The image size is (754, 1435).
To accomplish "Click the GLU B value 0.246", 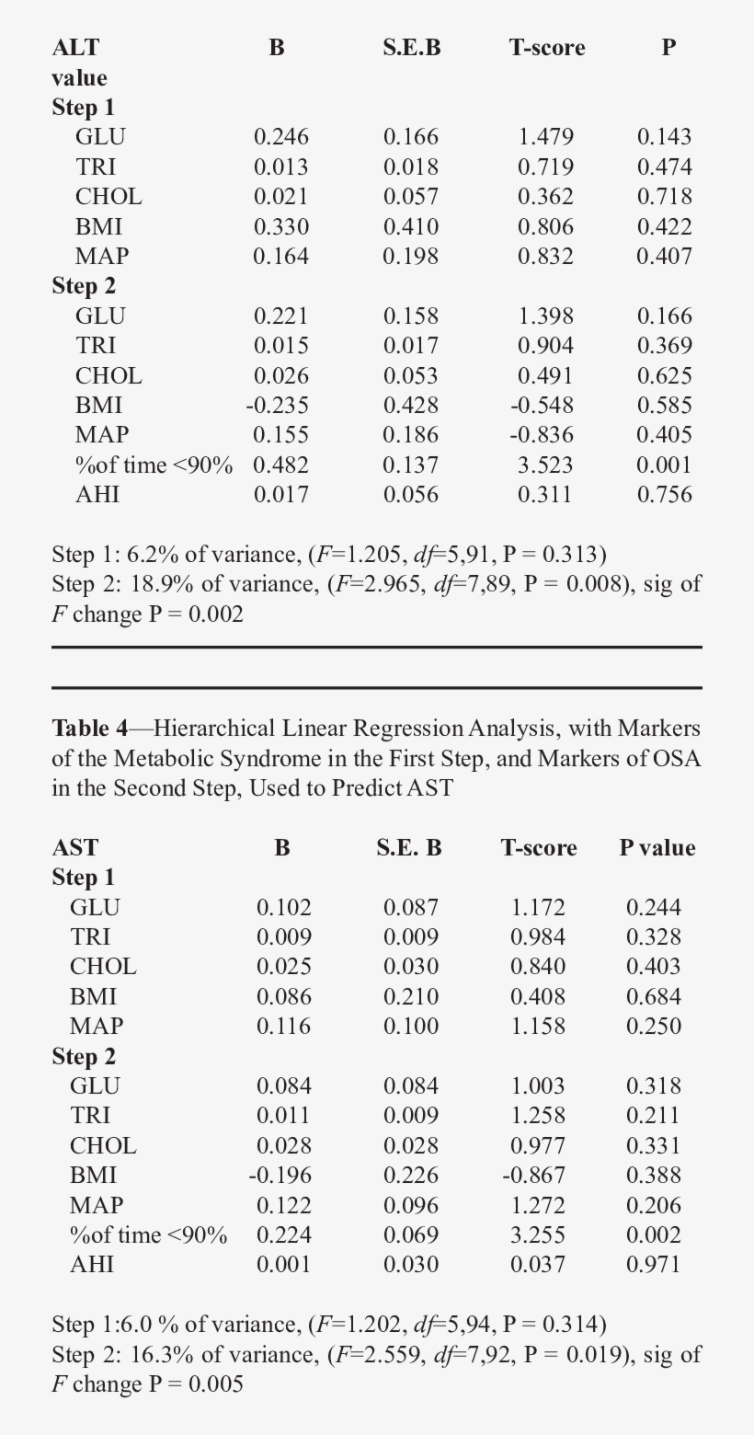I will click(x=280, y=137).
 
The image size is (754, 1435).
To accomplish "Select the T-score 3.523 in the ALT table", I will click(x=545, y=465).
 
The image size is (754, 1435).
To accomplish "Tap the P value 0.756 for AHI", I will click(x=664, y=495).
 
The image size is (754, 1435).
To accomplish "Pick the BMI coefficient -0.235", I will click(x=277, y=406).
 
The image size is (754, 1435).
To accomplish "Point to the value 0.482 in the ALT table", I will click(x=280, y=465).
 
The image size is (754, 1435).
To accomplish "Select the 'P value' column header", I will click(x=657, y=847).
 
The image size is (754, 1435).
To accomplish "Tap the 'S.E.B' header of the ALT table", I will click(x=411, y=48).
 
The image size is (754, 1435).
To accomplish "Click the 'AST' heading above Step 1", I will click(x=74, y=847).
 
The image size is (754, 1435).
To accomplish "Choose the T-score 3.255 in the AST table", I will click(x=538, y=1235).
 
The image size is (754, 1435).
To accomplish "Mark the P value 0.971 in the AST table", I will click(x=654, y=1265).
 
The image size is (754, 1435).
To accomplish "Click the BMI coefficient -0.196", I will click(x=280, y=1176).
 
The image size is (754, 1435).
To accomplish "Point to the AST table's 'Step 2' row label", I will click(x=84, y=1056).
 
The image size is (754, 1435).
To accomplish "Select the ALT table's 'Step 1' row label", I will click(x=84, y=108).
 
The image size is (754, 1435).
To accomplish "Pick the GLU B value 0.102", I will click(x=283, y=907).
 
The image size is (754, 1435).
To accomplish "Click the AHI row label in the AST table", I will click(x=92, y=1265).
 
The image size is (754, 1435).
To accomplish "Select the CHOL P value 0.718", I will click(x=664, y=197).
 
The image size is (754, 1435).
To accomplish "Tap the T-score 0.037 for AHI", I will click(x=538, y=1265).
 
